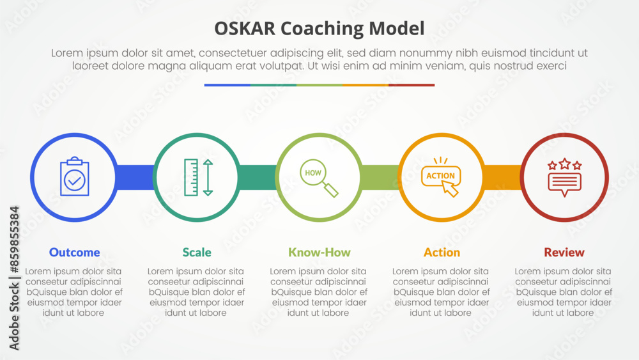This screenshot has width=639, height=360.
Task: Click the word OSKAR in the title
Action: [x=245, y=29]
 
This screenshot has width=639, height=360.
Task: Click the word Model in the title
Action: [x=397, y=29]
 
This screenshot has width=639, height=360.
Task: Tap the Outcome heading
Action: [x=75, y=253]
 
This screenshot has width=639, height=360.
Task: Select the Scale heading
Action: [x=197, y=253]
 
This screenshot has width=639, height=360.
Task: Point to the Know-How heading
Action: [x=319, y=253]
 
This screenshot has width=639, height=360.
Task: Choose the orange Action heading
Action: [x=442, y=253]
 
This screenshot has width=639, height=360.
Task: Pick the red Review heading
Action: [x=564, y=253]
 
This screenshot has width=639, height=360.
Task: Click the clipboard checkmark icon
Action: [x=75, y=176]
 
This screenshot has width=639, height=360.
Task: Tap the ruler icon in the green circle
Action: [x=191, y=177]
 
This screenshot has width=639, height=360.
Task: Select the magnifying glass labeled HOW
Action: [x=319, y=178]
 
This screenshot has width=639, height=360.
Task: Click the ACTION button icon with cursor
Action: [x=442, y=177]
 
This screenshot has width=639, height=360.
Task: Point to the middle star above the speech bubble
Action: [x=565, y=164]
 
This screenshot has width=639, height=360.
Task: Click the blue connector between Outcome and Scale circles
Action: [x=135, y=177]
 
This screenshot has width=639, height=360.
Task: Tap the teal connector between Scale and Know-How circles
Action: [x=258, y=177]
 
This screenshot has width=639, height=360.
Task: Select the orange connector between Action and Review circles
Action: [x=502, y=177]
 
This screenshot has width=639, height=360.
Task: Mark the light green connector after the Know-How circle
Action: [x=380, y=177]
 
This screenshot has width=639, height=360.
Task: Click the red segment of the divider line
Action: [x=412, y=85]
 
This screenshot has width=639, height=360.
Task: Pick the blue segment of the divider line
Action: [x=227, y=85]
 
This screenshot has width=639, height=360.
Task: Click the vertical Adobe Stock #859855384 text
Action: [x=14, y=278]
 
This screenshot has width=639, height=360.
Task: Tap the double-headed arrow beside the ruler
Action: [x=208, y=177]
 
